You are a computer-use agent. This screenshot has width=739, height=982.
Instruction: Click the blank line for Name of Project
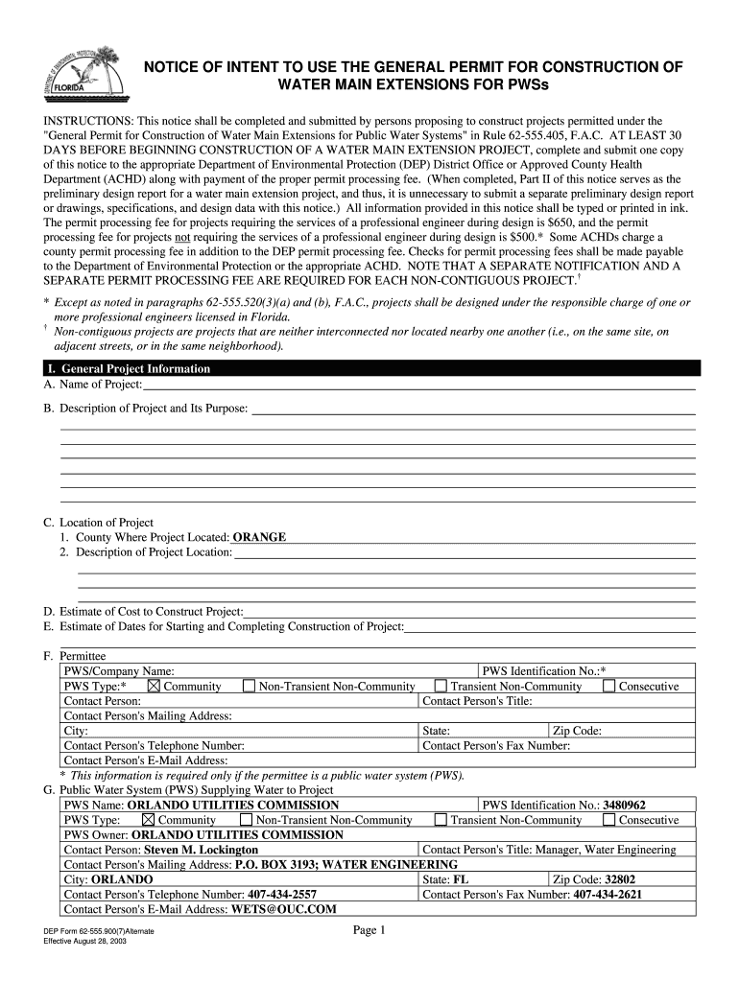[418, 386]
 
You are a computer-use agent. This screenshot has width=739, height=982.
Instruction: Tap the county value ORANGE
[259, 537]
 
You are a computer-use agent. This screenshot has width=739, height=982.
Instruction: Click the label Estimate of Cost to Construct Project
[152, 611]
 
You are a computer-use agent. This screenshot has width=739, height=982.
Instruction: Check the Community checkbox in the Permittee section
[155, 687]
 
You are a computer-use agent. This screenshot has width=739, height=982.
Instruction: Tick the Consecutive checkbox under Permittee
[608, 687]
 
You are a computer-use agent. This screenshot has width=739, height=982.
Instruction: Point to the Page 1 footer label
[369, 930]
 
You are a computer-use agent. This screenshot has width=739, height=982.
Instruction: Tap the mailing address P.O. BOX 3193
[275, 864]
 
